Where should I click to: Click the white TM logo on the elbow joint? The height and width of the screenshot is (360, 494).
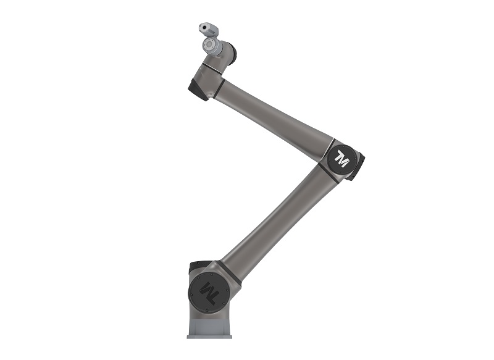tap(342, 159)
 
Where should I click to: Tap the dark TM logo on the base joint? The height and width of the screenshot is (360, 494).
tap(208, 291)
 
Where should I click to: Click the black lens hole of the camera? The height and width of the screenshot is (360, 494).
tap(204, 27)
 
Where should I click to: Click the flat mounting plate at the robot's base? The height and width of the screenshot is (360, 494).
tap(209, 337)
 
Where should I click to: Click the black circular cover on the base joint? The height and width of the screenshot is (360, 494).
tap(208, 292)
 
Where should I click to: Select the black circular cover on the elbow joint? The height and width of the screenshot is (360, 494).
tap(343, 160)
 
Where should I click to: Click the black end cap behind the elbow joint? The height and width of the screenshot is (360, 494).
tap(357, 167)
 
